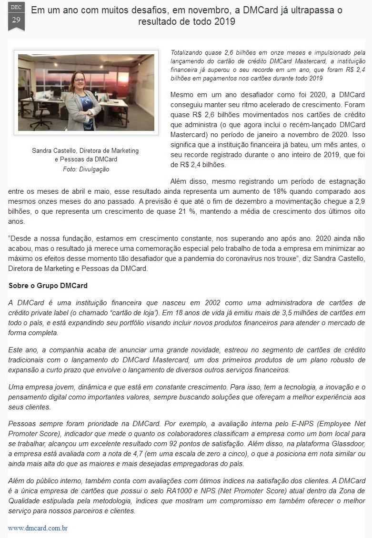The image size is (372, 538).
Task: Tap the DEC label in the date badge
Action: point(16,7)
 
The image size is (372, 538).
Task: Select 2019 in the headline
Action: point(223,21)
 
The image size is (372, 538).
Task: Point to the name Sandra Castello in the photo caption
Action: point(55,150)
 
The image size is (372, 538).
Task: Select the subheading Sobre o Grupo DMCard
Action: point(48,286)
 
